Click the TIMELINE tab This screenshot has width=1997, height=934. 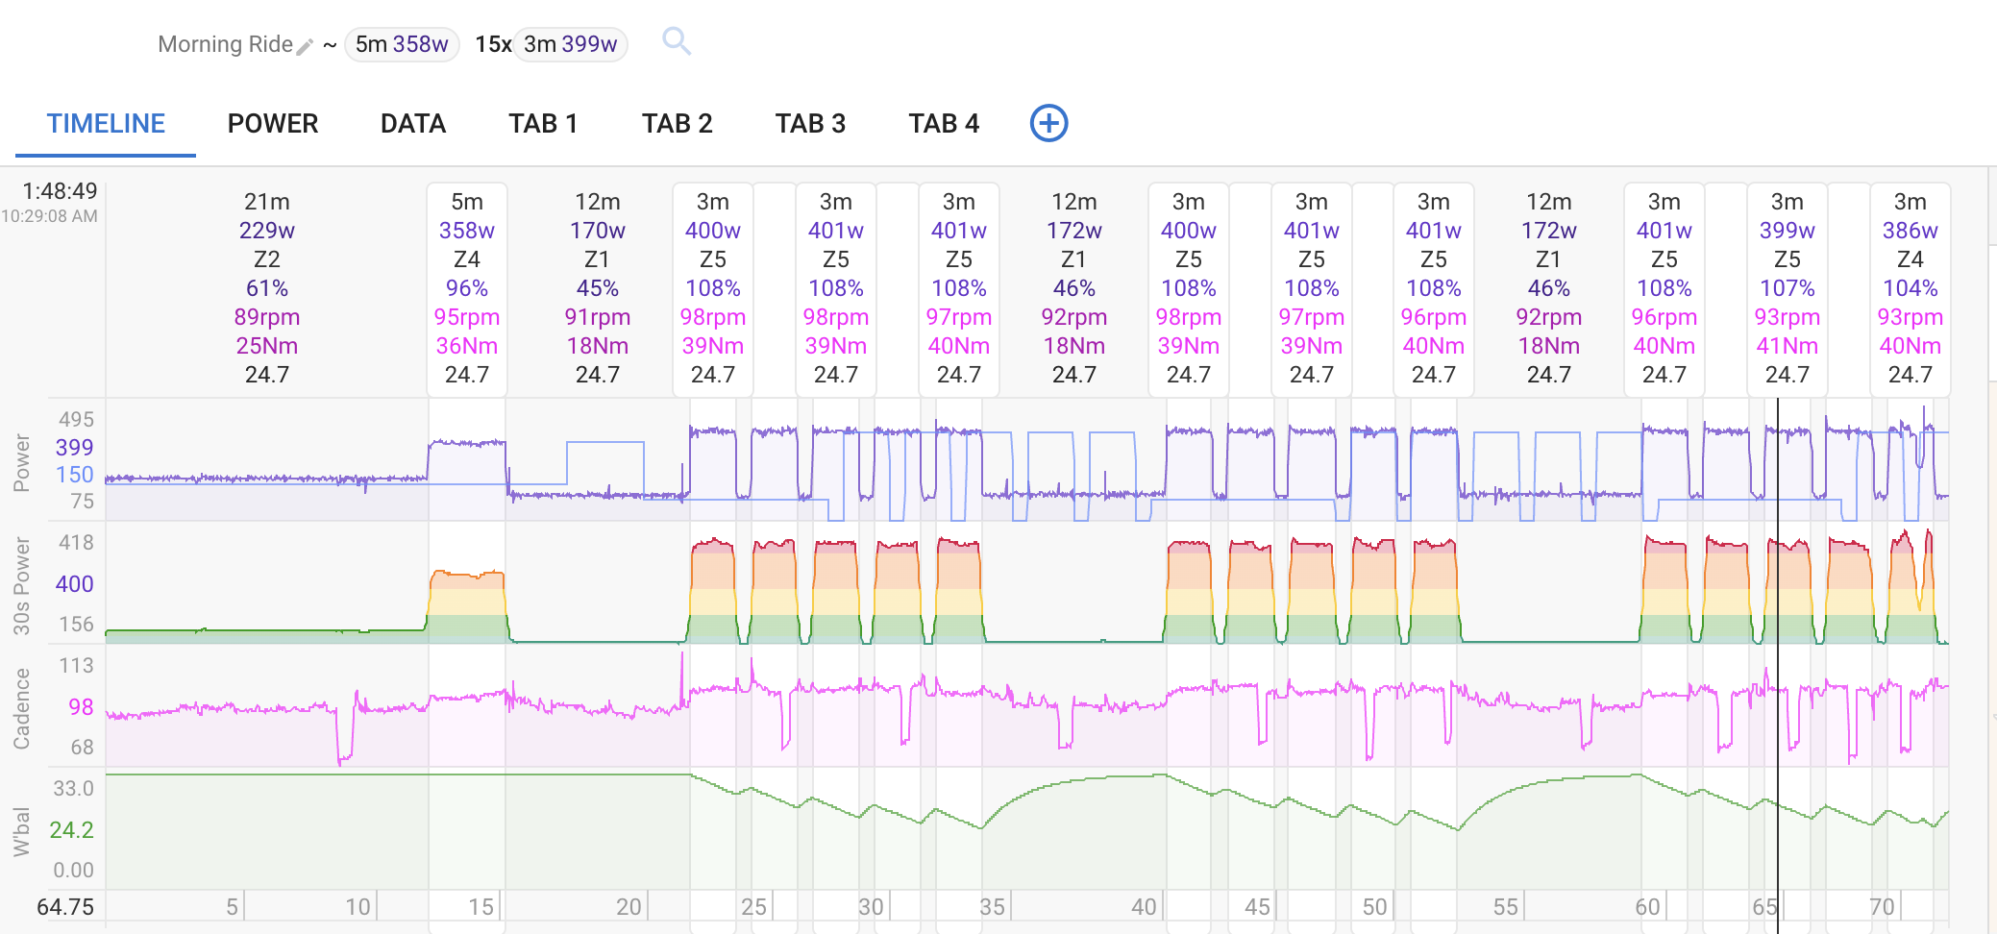tap(106, 124)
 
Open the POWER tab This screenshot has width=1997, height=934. tap(273, 124)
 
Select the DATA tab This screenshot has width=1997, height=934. tap(413, 124)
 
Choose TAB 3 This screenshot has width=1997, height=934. tap(810, 124)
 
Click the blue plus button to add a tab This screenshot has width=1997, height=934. tap(1048, 123)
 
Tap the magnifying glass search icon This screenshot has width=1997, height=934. tap(677, 41)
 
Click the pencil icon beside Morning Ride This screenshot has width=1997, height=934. tap(305, 46)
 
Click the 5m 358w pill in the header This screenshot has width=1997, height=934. tap(402, 44)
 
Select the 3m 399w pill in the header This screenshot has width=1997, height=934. tap(571, 44)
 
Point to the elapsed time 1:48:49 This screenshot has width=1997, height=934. tap(60, 191)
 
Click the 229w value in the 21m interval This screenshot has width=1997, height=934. tap(267, 231)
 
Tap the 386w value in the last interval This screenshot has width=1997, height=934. tap(1910, 231)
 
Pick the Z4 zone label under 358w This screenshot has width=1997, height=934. tap(467, 259)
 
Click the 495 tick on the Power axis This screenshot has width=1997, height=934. tap(76, 420)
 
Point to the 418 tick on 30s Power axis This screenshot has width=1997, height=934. tap(76, 543)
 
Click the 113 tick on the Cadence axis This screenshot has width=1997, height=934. tap(76, 666)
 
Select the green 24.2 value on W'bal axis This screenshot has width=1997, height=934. tap(72, 830)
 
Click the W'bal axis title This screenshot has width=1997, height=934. tap(21, 832)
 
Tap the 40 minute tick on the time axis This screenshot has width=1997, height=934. tap(1144, 907)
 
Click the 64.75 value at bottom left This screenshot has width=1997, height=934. tap(65, 907)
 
